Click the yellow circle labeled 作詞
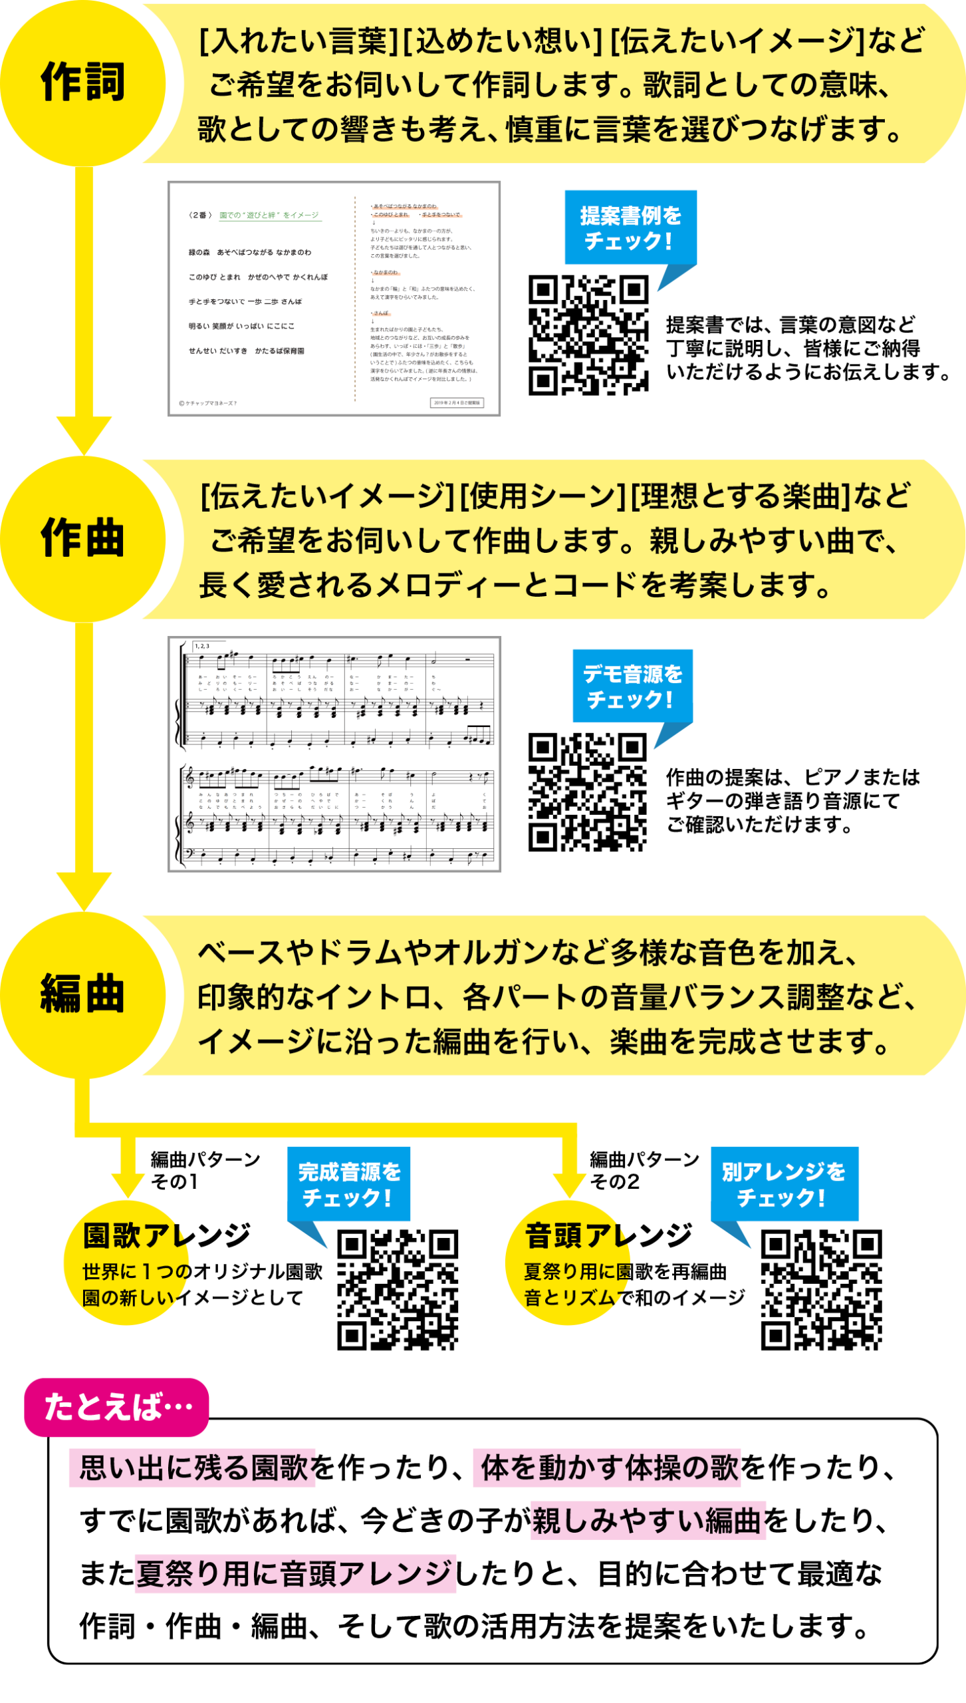click(x=83, y=83)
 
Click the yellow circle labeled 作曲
click(x=83, y=539)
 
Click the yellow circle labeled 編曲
click(x=83, y=995)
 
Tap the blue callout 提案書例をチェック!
click(x=630, y=228)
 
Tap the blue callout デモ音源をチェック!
click(x=632, y=686)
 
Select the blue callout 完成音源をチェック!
click(x=348, y=1184)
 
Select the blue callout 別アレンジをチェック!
click(x=784, y=1184)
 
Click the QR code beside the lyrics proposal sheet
click(x=588, y=335)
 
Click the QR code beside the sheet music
click(x=587, y=792)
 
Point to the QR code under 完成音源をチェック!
click(x=398, y=1290)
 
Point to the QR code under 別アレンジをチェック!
click(x=821, y=1290)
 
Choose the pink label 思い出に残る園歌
click(x=192, y=1468)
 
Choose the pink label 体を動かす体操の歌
click(x=606, y=1468)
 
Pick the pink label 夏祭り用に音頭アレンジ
click(x=295, y=1573)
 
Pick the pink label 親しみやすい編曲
click(x=648, y=1520)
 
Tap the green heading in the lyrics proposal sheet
click(x=269, y=215)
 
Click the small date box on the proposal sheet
click(x=457, y=402)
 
